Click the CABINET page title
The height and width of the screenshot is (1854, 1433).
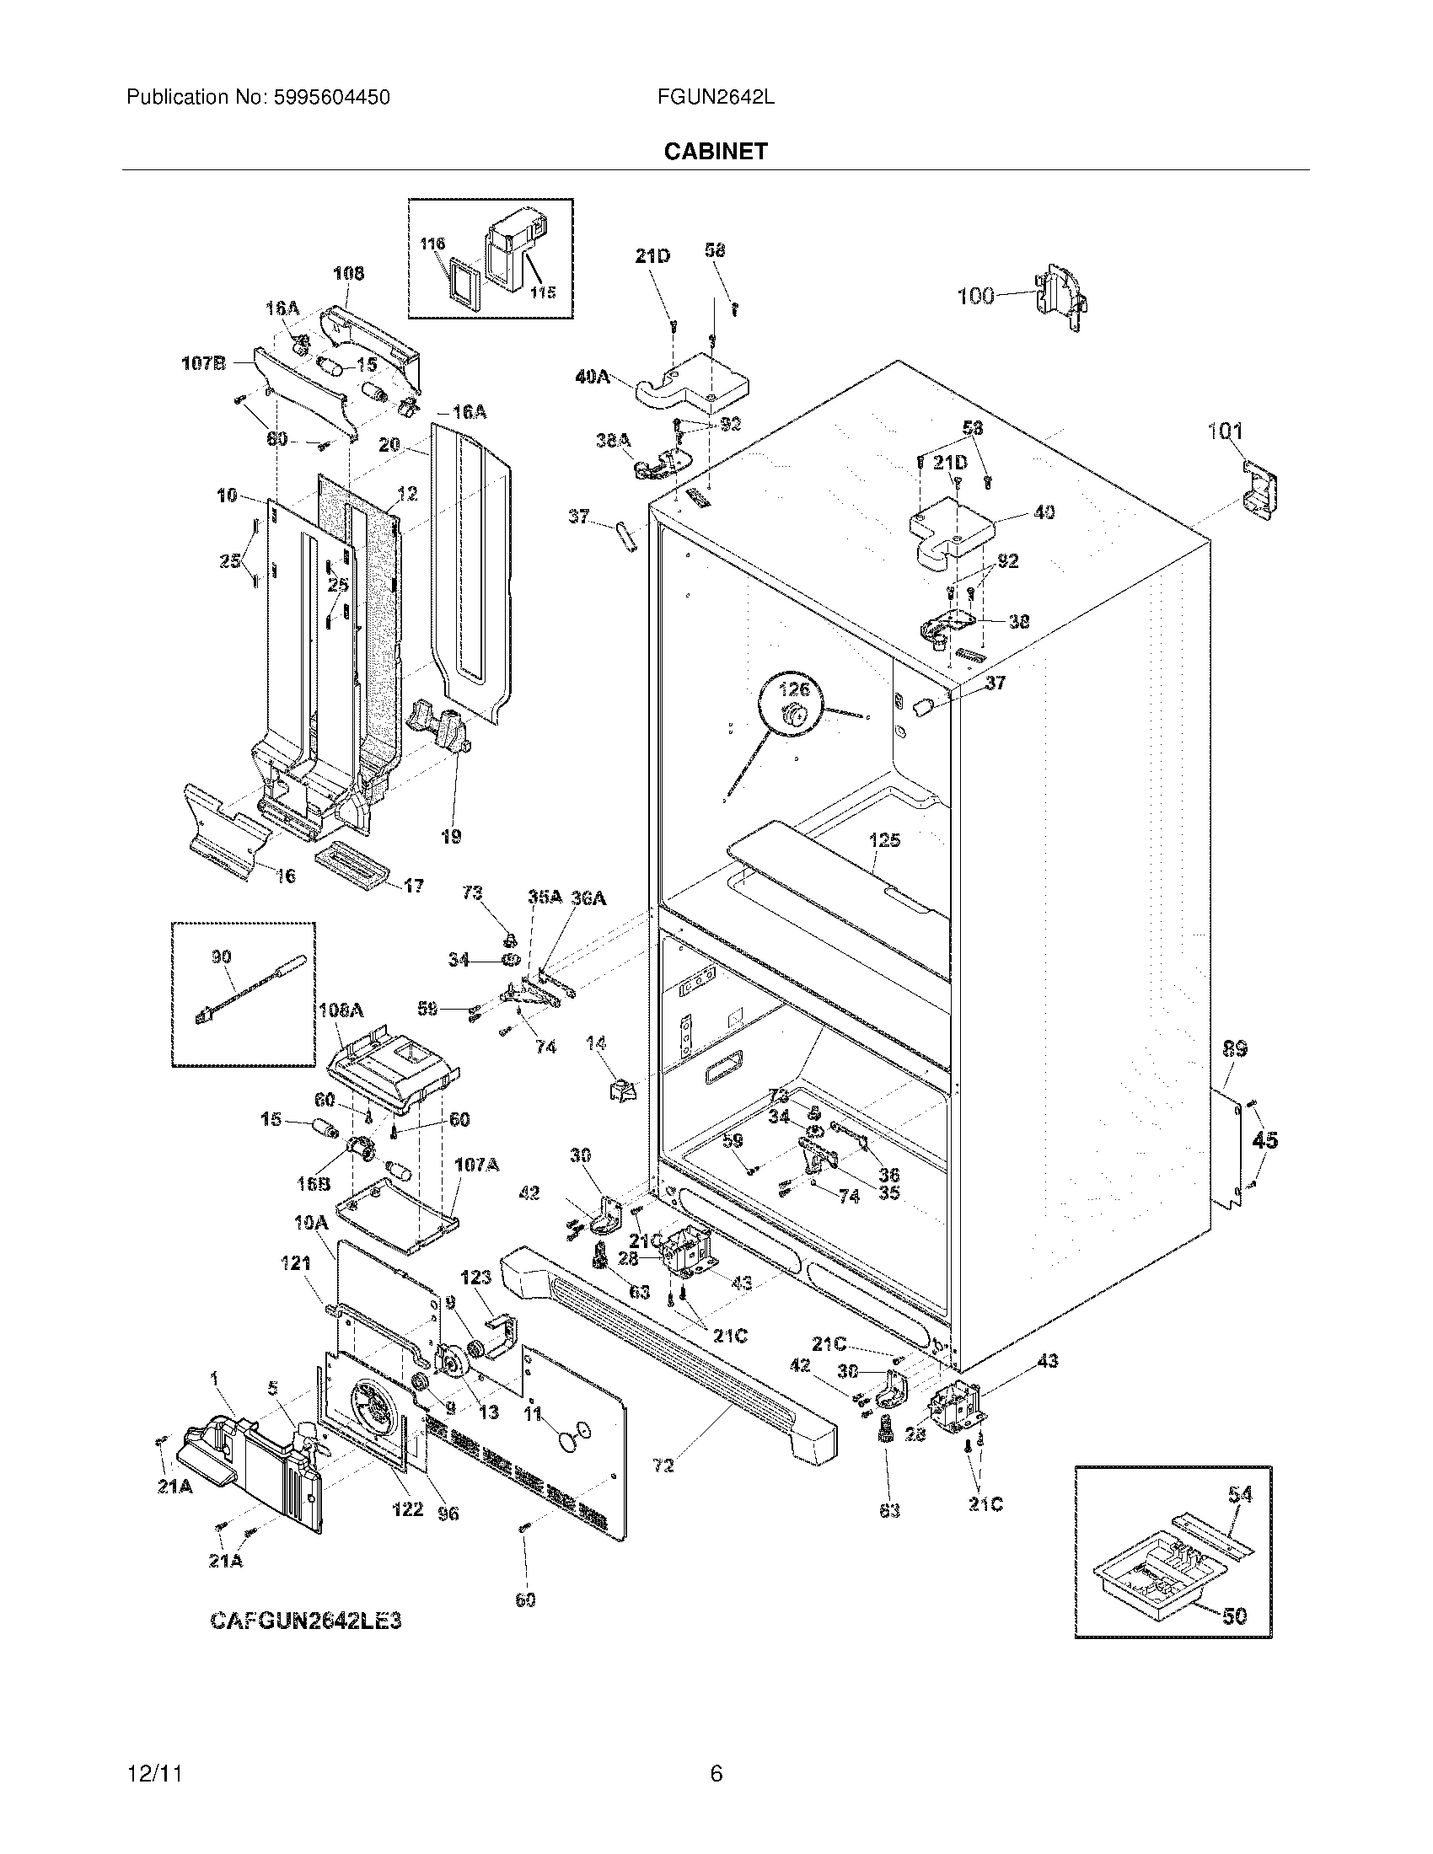click(715, 151)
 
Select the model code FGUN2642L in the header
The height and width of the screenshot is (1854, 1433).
click(715, 98)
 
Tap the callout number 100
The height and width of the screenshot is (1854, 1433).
click(975, 297)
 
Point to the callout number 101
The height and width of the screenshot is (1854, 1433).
click(1225, 431)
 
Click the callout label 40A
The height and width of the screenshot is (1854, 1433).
click(592, 377)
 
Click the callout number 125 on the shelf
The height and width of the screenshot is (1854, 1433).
click(884, 840)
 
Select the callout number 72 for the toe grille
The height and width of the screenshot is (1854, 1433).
click(663, 1465)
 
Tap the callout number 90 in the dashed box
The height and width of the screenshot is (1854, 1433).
click(222, 956)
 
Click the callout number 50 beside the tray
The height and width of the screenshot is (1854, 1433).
click(1235, 1616)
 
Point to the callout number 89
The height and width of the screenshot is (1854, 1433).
click(1234, 1049)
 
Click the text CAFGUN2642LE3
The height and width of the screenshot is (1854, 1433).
click(306, 1621)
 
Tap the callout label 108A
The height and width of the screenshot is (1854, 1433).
click(341, 1010)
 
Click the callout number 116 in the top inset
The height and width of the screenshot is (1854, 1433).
click(432, 244)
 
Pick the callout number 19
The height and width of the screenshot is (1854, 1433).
click(451, 836)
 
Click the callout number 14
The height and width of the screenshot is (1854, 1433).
click(596, 1043)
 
